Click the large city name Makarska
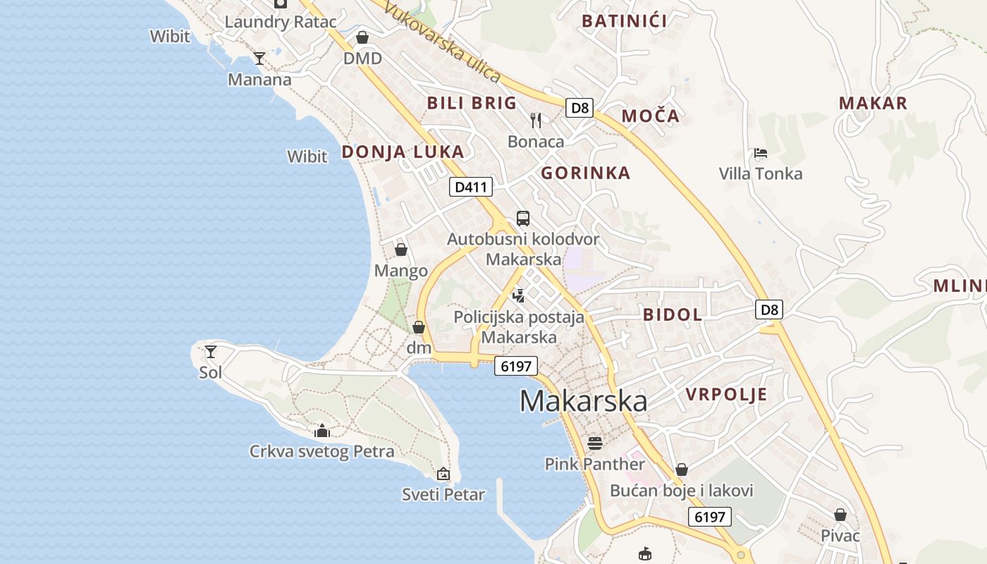[x=583, y=401]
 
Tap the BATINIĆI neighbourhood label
[x=624, y=20]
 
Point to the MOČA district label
[x=650, y=116]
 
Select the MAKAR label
[x=873, y=103]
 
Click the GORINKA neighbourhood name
[x=585, y=173]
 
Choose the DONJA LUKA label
[x=403, y=152]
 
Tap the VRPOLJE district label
[x=726, y=394]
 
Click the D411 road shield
[x=471, y=187]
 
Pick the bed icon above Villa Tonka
[x=760, y=153]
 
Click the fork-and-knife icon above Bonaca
[x=536, y=121]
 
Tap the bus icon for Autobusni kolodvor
[x=522, y=219]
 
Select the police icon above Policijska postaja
[x=519, y=296]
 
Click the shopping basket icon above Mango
[x=400, y=250]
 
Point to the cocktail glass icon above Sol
[x=210, y=351]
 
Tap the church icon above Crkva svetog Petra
[x=322, y=430]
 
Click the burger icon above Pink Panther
[x=594, y=443]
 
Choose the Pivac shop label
[x=840, y=536]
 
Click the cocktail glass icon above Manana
[x=259, y=58]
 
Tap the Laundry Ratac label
[x=281, y=21]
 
